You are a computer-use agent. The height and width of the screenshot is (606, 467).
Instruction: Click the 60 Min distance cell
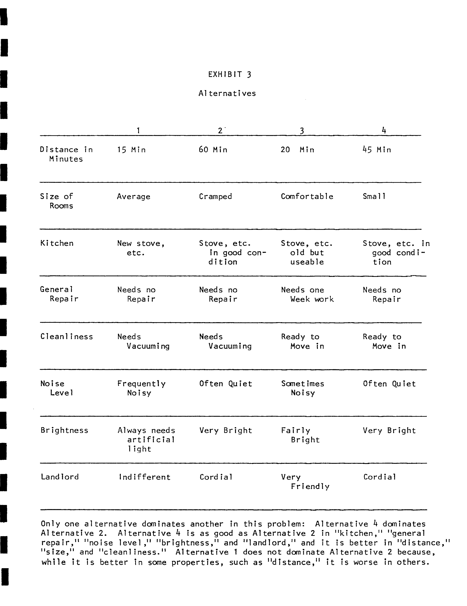[213, 150]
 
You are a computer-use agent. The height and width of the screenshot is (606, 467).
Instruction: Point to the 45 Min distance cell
[377, 150]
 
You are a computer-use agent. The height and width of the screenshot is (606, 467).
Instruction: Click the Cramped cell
[215, 196]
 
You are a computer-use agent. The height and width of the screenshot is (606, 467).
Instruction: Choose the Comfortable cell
[307, 196]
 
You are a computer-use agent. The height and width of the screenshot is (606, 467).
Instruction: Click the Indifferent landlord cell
[144, 477]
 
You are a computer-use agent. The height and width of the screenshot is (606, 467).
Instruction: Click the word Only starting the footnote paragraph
[50, 524]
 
